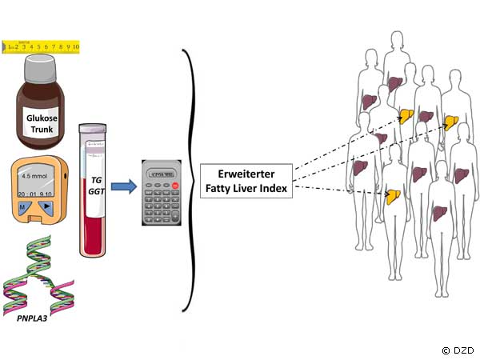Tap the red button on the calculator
174,186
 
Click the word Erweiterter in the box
246,175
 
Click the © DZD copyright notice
458,350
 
